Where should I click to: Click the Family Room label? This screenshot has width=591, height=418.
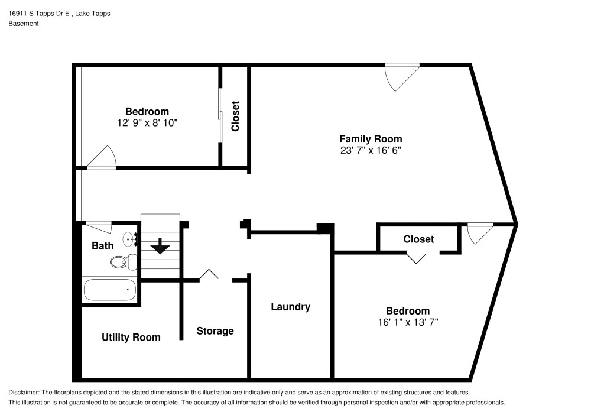click(370, 139)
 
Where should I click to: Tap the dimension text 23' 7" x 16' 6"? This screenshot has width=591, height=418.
click(370, 150)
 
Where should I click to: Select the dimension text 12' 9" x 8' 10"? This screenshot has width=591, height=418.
click(147, 122)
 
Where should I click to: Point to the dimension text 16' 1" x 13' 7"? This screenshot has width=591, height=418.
click(408, 322)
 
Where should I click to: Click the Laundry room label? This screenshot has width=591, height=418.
click(290, 307)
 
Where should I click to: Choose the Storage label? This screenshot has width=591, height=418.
click(215, 331)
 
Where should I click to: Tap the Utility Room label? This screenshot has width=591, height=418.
click(131, 337)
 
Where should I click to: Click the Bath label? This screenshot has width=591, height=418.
click(102, 245)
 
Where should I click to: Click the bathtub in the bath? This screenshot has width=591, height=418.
click(110, 290)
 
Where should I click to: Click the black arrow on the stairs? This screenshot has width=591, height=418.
click(160, 246)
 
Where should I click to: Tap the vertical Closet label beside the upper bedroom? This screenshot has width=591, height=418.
click(235, 116)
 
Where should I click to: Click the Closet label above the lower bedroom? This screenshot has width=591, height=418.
click(418, 239)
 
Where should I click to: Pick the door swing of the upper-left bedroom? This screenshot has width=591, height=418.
click(103, 157)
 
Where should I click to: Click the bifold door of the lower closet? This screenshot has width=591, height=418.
click(417, 257)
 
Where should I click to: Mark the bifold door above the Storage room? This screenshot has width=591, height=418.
click(208, 275)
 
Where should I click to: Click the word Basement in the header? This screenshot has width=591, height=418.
click(24, 24)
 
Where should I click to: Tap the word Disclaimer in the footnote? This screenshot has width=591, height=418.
click(24, 393)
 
